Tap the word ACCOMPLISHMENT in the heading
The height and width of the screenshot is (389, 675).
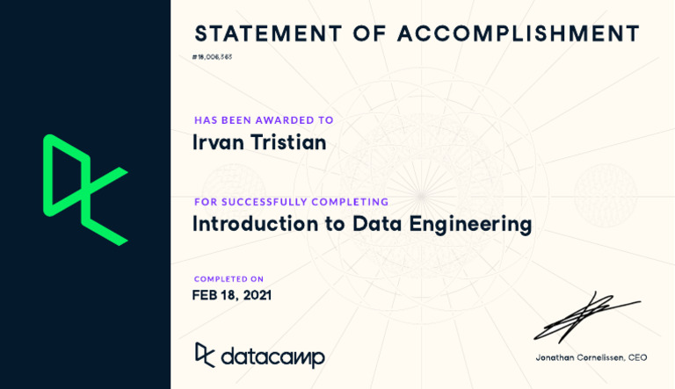coord(519,34)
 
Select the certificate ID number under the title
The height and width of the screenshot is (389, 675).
coord(212,57)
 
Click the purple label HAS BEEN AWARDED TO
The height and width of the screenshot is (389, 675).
coord(264,120)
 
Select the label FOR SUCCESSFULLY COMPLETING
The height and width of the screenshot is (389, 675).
coord(291,202)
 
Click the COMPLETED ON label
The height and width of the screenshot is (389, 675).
coord(229,279)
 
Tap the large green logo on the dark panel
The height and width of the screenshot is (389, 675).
coord(84,189)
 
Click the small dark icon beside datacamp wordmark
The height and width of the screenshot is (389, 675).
coord(205,354)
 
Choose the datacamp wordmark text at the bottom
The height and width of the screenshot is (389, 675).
coord(272,357)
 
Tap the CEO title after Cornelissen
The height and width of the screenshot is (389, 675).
coord(637,357)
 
